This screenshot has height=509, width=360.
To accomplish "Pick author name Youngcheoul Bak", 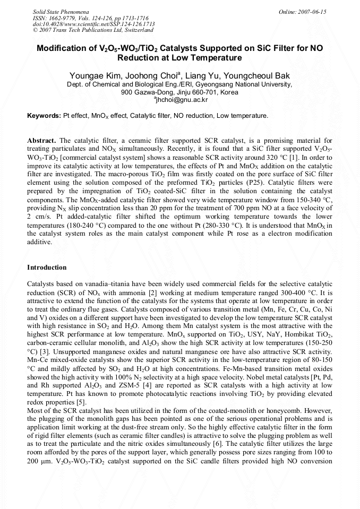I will coord(258,76).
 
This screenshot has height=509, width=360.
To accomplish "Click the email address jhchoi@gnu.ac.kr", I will coord(181,99).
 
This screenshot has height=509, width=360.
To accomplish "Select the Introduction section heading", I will coord(47,268).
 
